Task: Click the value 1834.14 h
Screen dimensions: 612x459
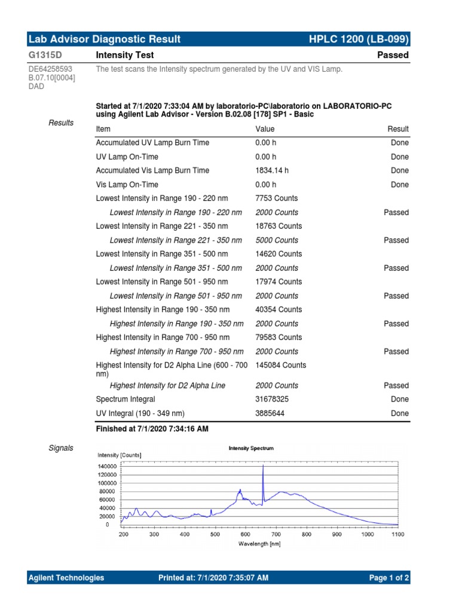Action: coord(272,170)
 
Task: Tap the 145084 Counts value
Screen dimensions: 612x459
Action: coord(280,365)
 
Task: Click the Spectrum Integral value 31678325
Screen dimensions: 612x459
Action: coord(273,399)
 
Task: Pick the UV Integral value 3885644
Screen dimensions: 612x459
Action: coord(271,414)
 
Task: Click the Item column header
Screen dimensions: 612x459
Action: coord(103,129)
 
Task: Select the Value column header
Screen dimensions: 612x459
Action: coord(265,129)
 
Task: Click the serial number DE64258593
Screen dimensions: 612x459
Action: coord(51,69)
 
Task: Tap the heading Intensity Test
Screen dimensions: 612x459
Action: coord(125,55)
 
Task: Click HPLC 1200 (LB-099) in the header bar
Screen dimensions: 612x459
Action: coord(359,39)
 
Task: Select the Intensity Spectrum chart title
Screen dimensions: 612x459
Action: coord(251,448)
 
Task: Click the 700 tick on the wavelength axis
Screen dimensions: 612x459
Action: coord(276,535)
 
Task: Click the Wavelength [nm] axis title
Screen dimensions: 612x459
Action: coord(259,544)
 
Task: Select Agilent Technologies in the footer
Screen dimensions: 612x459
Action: coord(66,578)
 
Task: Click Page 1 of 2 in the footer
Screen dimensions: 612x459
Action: coord(389,578)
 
